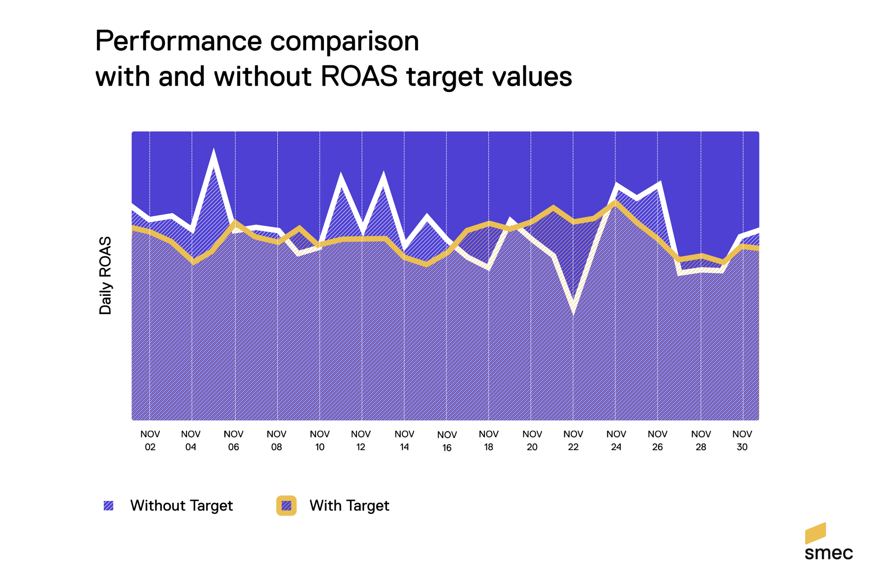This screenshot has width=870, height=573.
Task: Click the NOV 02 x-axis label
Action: [x=150, y=440]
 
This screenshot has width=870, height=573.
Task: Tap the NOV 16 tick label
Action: [x=447, y=441]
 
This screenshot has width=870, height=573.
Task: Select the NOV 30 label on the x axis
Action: [x=742, y=440]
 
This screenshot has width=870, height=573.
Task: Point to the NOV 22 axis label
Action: [x=573, y=440]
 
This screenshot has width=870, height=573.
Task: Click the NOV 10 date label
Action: [x=319, y=440]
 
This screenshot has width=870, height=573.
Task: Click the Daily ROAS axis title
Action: [x=105, y=275]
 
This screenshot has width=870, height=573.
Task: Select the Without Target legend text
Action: [x=181, y=505]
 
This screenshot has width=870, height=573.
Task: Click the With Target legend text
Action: [x=349, y=505]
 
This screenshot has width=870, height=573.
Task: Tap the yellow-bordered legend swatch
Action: [x=286, y=505]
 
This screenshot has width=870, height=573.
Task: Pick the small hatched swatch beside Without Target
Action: [x=108, y=505]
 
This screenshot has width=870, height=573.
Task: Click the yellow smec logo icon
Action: [x=815, y=533]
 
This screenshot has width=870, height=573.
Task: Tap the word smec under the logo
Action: [x=828, y=553]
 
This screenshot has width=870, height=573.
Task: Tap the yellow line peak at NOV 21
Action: [x=553, y=208]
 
